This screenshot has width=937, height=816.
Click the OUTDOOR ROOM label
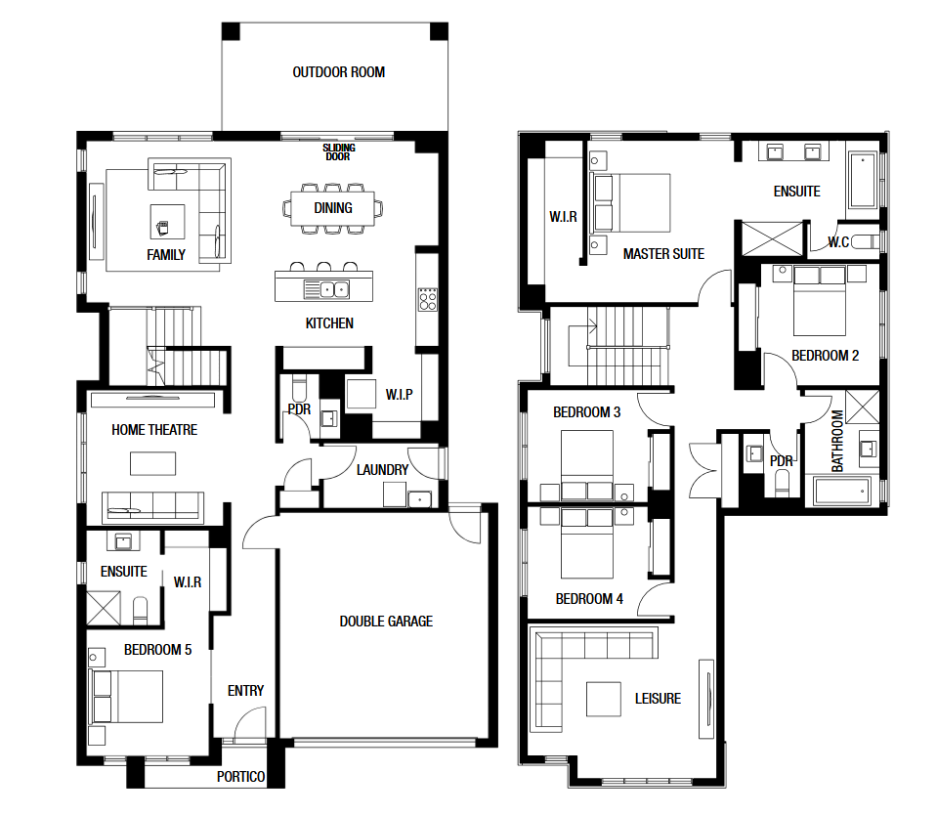click(339, 72)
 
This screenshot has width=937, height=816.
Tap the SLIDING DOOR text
click(339, 151)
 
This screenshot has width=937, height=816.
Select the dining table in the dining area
click(333, 208)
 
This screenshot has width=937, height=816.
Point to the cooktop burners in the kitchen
click(428, 299)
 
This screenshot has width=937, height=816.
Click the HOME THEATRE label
click(154, 430)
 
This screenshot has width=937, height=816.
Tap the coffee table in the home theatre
click(153, 463)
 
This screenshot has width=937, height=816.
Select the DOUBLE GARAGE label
click(386, 622)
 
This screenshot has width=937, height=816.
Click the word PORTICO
click(240, 777)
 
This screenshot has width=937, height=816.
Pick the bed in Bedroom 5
click(126, 697)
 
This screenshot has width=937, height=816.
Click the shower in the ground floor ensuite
click(104, 609)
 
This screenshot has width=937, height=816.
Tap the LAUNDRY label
click(382, 470)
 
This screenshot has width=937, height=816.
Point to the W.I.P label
click(400, 395)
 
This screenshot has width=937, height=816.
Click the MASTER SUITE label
click(663, 254)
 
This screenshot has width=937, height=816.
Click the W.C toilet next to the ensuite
click(865, 242)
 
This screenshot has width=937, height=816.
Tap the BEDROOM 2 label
click(826, 356)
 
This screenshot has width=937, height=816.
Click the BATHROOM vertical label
click(837, 441)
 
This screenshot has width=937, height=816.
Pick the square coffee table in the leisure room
click(604, 699)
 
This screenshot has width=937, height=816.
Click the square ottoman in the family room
click(167, 222)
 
